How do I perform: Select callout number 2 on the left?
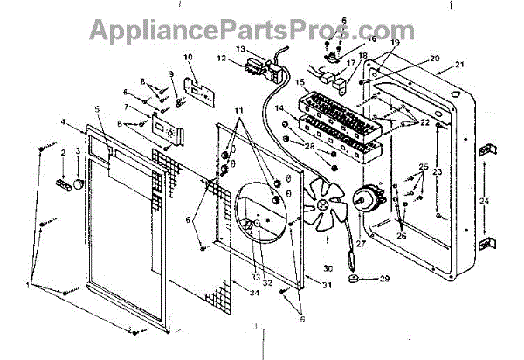tap(63, 152)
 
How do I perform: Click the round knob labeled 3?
tap(79, 185)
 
